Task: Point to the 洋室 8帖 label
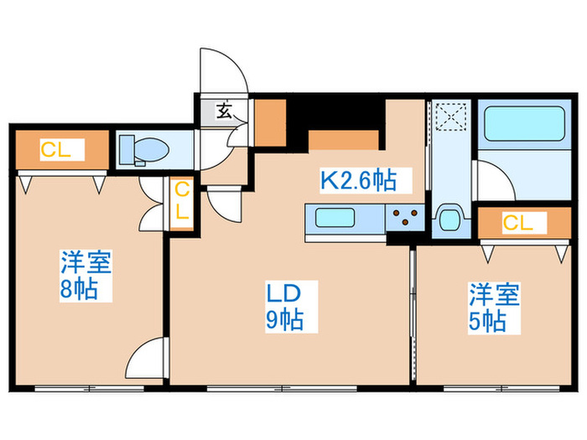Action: click(86, 277)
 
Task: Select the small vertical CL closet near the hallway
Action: click(181, 202)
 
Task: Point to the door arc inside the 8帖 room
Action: click(146, 359)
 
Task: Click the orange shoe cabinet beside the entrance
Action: click(270, 122)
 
